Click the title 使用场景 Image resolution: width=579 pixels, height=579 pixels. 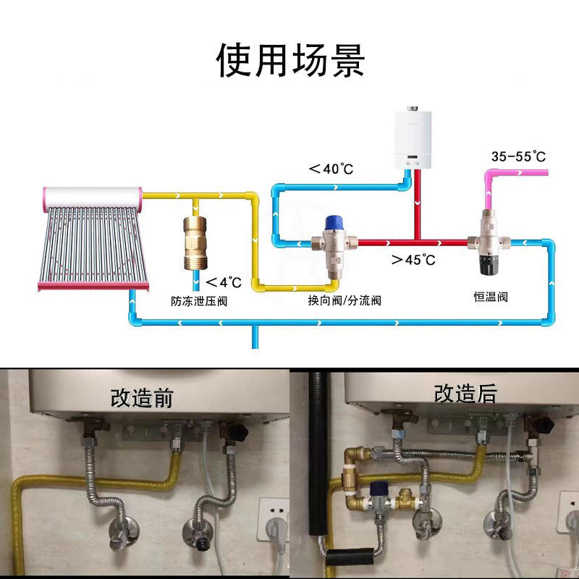tap(290, 61)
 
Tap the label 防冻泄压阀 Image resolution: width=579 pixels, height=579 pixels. tap(199, 300)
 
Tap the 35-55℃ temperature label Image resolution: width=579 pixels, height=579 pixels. tap(518, 156)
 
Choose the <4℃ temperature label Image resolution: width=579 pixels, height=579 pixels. tap(222, 282)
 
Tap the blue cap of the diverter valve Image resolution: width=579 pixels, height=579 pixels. tap(334, 221)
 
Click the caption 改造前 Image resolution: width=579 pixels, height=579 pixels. tap(142, 397)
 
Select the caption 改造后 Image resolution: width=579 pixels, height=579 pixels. tap(465, 393)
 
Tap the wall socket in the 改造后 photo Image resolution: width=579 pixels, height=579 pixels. tap(570, 510)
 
